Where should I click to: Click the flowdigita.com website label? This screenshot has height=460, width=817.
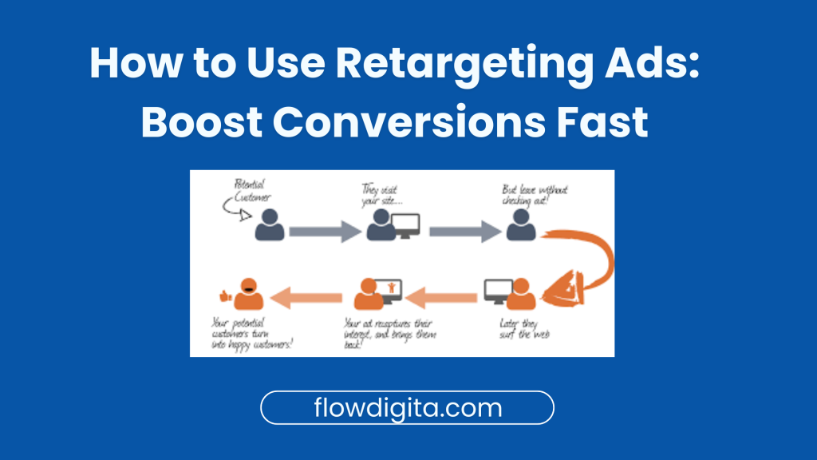(x=407, y=408)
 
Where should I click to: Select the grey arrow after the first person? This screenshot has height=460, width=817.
(x=324, y=232)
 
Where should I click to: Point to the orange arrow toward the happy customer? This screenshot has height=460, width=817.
(x=308, y=299)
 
